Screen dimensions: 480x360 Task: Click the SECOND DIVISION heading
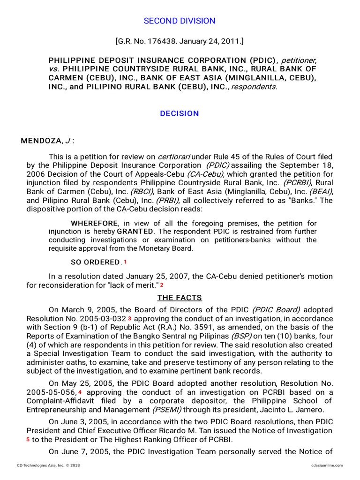click(180, 21)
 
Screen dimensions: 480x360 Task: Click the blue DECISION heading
click(180, 113)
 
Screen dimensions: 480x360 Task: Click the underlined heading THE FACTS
click(180, 298)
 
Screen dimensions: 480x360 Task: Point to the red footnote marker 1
click(125, 262)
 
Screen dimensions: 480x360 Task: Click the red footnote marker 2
click(162, 285)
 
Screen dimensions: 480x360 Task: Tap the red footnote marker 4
click(80, 392)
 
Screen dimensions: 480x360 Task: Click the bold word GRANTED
click(135, 232)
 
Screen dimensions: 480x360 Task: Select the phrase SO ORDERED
click(96, 262)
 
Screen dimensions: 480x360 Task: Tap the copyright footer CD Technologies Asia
click(44, 465)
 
